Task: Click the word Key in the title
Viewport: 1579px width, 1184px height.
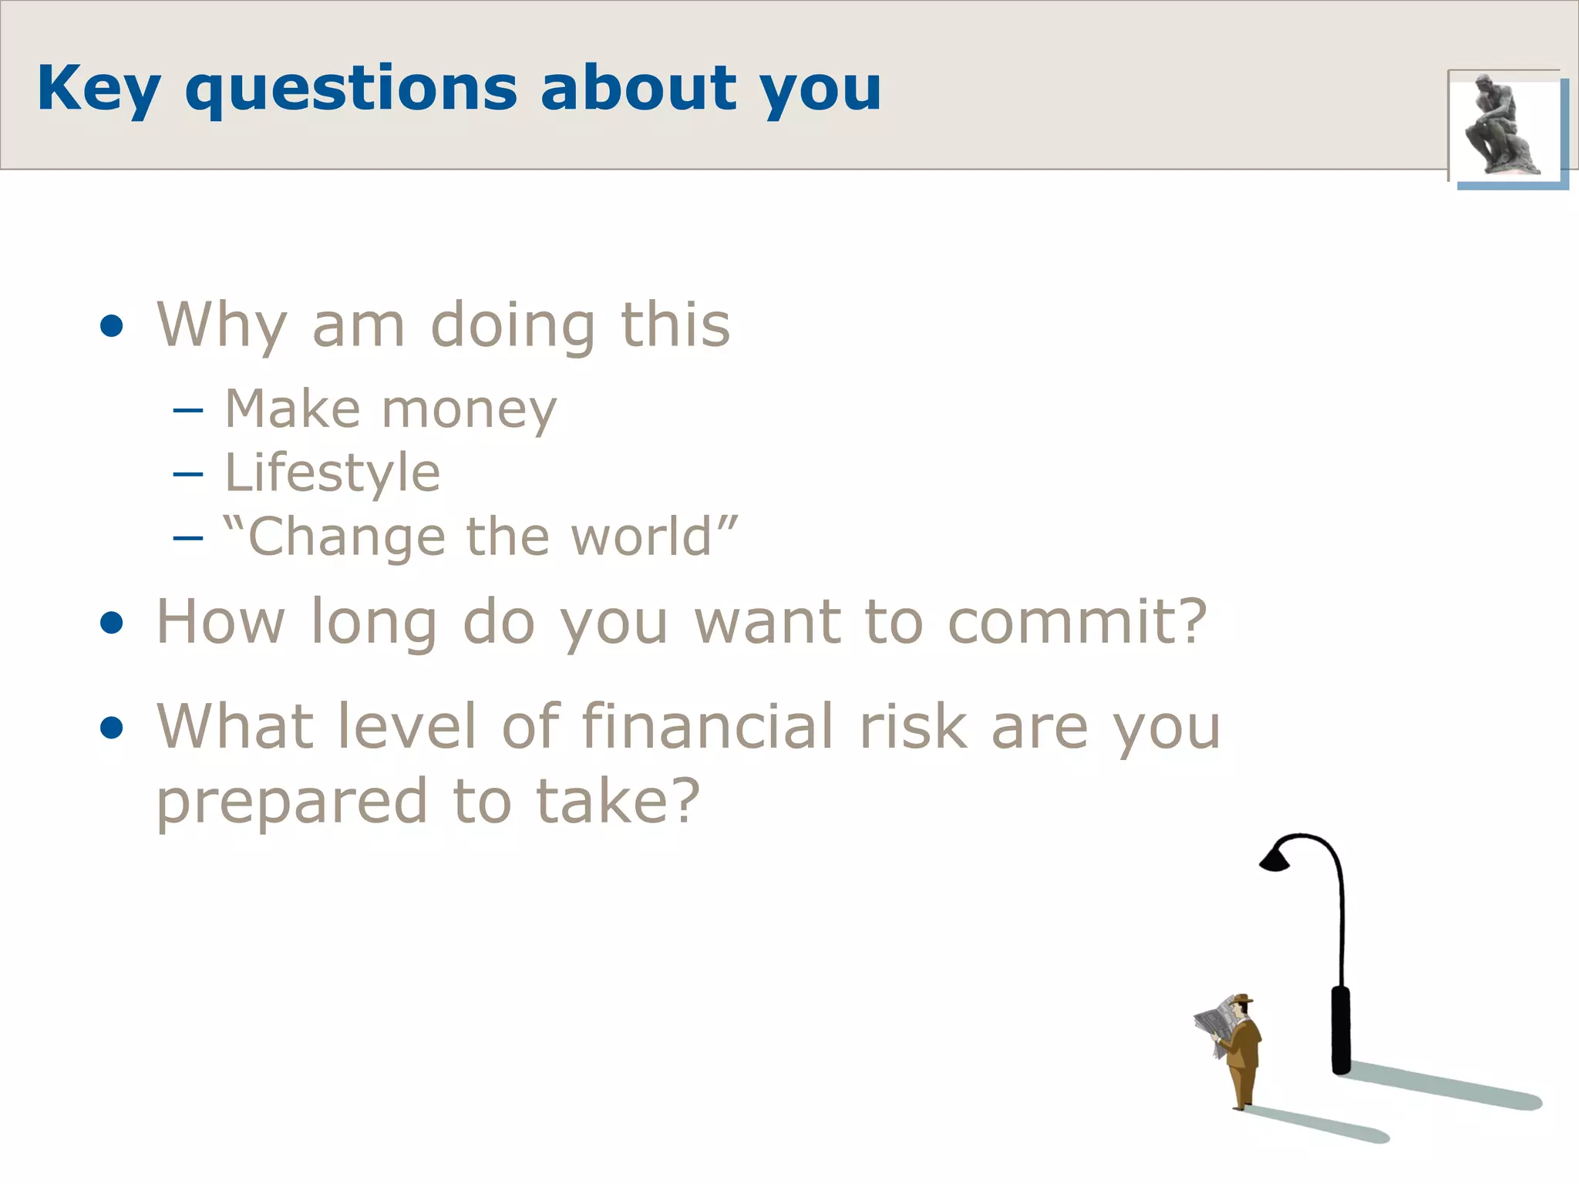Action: click(x=99, y=89)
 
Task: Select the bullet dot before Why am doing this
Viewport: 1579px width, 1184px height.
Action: click(x=112, y=326)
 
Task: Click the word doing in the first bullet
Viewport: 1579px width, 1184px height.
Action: click(x=512, y=326)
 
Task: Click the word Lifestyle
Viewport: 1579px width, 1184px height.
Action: click(x=332, y=473)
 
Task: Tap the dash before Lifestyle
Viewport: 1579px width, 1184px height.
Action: click(x=188, y=474)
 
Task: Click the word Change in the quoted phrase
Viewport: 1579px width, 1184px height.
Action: click(x=347, y=538)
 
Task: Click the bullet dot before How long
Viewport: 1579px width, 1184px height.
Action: click(x=112, y=623)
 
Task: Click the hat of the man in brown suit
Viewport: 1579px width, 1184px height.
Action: click(x=1241, y=1000)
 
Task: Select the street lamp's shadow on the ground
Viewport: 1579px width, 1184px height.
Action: click(x=1442, y=1087)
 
